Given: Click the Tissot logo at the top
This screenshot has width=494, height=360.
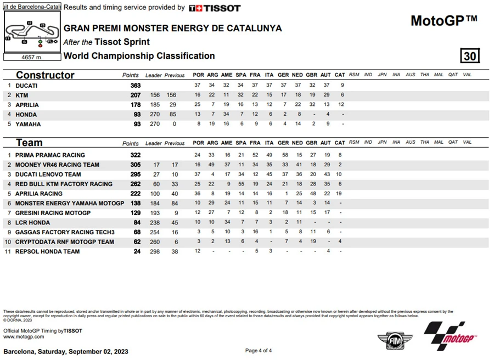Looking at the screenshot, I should (x=215, y=8).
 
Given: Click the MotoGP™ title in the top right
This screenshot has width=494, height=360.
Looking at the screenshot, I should (x=444, y=21).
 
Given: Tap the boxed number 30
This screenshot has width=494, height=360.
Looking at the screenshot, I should (x=470, y=56).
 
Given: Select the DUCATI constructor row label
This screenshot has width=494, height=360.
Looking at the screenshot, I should (x=26, y=86).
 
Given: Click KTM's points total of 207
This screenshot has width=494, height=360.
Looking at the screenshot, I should (x=135, y=95).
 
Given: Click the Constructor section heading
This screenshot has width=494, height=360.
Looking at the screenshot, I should (x=45, y=75).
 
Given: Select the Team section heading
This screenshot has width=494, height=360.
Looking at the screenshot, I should (x=29, y=143).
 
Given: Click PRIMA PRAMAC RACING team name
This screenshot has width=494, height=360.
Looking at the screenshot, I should (x=50, y=155).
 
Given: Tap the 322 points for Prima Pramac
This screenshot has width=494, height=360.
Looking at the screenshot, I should (x=135, y=155).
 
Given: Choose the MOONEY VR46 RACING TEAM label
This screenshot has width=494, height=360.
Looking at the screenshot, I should (x=57, y=165).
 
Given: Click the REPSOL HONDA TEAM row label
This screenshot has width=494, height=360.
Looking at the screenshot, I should (x=47, y=251).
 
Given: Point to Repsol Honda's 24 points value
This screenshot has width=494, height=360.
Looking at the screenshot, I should (x=137, y=251).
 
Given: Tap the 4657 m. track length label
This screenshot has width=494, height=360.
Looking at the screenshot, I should (x=31, y=57).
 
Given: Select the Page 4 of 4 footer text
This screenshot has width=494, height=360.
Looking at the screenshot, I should (x=258, y=351).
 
